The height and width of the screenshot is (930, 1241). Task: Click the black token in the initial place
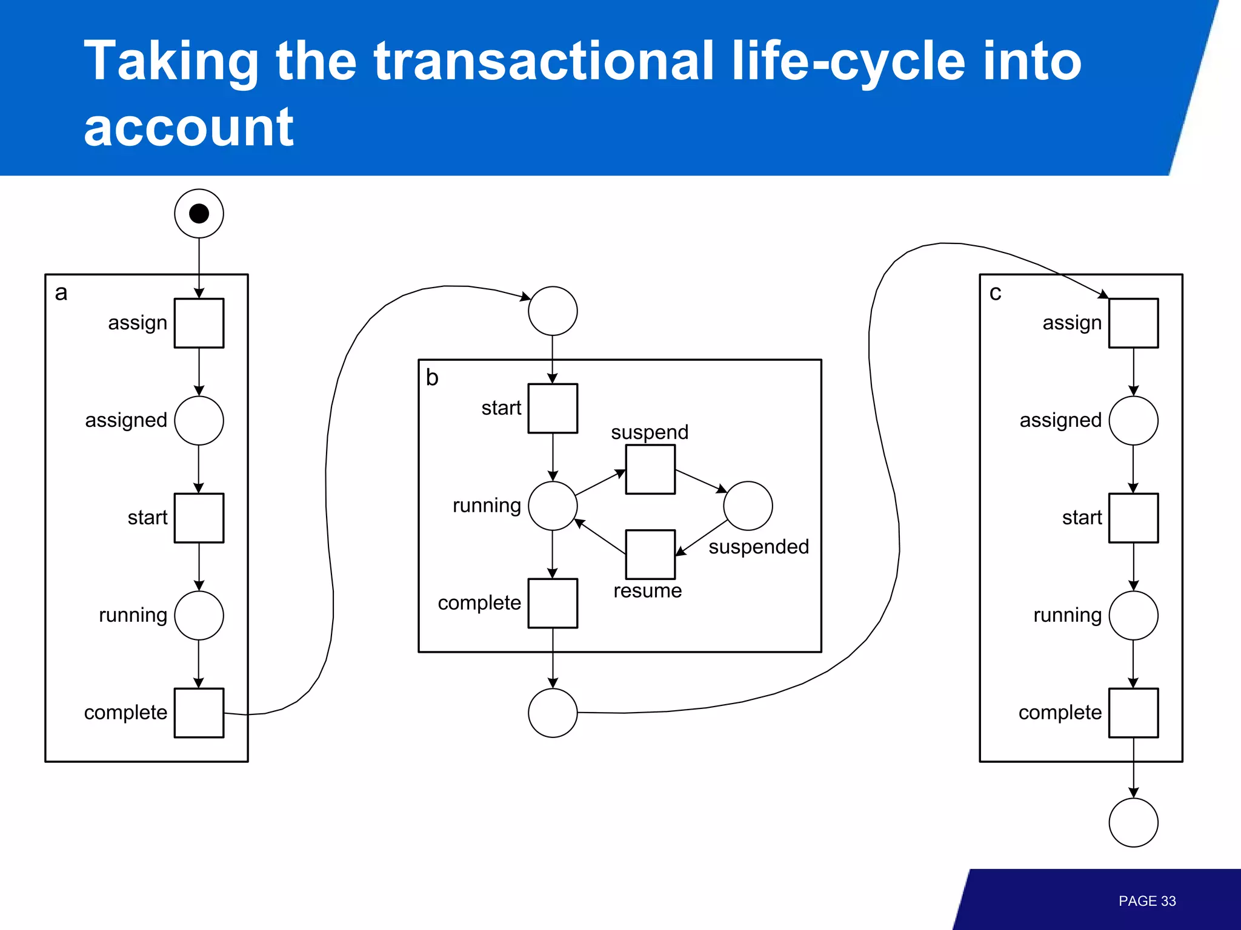coord(199,213)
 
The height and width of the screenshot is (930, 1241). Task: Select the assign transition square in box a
coord(199,323)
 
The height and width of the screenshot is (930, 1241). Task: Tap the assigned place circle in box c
coord(1133,420)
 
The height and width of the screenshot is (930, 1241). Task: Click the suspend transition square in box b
coord(650,469)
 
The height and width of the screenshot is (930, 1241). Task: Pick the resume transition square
coord(650,554)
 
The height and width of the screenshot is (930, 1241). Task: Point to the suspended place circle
coord(748,506)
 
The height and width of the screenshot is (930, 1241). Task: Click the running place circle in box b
coord(553,506)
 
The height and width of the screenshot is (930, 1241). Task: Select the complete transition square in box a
coord(199,713)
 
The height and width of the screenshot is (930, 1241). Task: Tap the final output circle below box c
coord(1133,822)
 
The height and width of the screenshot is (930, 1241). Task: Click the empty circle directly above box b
coord(553,311)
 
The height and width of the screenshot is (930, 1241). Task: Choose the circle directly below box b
coord(553,713)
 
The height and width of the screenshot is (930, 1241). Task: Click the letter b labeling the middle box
coord(432,377)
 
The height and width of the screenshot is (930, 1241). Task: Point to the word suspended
coord(759,547)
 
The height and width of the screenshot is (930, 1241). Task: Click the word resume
coord(647,590)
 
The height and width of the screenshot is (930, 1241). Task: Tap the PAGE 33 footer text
coord(1146,901)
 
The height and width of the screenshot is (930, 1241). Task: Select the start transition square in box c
coord(1133,518)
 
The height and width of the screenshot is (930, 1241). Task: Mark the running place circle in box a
coord(199,615)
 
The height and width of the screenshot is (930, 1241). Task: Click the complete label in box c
coord(1060,713)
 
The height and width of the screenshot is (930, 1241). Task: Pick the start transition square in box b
coord(553,408)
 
